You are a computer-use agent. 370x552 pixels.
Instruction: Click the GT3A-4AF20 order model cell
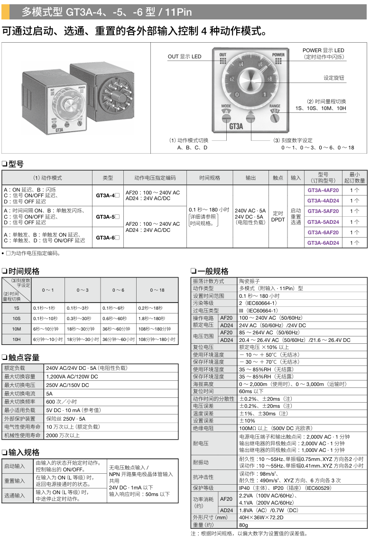click(323, 190)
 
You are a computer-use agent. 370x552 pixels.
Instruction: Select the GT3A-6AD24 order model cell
click(323, 243)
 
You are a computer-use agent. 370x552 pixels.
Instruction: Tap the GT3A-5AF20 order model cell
click(323, 211)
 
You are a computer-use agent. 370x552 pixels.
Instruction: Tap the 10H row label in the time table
click(17, 340)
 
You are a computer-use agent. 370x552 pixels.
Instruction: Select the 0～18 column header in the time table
click(157, 290)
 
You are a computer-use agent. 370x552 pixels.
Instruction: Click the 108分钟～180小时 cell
click(157, 340)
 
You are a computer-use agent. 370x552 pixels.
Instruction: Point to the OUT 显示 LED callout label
click(185, 57)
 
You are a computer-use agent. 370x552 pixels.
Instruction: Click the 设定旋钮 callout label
click(334, 78)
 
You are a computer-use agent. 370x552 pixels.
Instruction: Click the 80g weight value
click(244, 525)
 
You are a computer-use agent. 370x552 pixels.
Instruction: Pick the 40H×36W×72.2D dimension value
click(261, 517)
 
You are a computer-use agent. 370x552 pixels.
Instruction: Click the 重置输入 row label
click(15, 480)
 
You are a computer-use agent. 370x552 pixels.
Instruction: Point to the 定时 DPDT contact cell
click(278, 216)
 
